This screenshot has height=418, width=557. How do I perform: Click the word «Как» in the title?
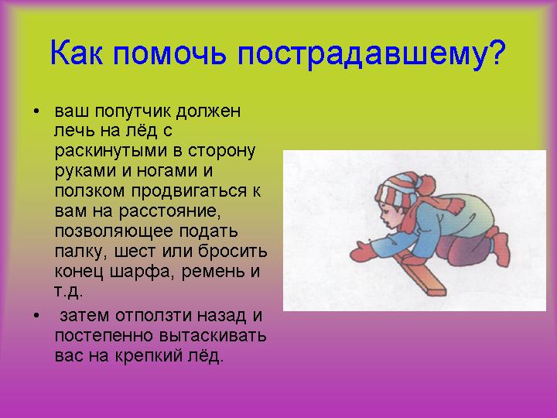coord(77,53)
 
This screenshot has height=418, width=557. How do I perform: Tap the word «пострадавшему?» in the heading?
coord(371,54)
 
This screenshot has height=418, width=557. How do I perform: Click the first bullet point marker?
coord(36,111)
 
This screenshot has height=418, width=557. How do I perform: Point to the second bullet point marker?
coord(36,316)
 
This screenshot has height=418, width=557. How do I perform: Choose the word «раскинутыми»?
coord(111,152)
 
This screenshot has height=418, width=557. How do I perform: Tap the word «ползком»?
coord(90,191)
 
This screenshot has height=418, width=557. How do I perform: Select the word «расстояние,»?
coord(169,211)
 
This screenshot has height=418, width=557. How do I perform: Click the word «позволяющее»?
coord(114,231)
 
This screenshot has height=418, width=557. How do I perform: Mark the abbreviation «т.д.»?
coord(69,292)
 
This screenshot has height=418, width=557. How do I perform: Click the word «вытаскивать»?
coord(213,335)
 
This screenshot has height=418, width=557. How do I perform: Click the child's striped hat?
coord(397,189)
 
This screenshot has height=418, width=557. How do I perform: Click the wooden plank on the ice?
coord(422,273)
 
